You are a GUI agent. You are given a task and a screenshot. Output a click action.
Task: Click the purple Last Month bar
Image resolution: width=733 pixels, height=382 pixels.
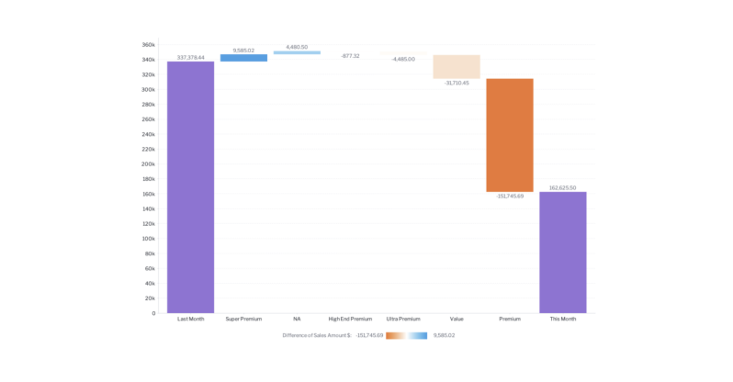(x=190, y=187)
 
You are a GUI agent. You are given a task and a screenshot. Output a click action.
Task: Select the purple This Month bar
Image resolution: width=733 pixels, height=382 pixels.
(x=562, y=253)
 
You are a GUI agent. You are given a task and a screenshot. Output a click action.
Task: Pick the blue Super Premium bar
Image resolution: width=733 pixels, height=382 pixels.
(x=243, y=58)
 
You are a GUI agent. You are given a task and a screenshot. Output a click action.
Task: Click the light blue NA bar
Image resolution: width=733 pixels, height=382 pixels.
(x=297, y=52)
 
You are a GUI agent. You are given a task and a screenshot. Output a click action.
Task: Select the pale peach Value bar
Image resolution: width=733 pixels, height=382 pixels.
(x=457, y=67)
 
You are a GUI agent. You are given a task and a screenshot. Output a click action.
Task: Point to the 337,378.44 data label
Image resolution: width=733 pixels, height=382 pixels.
(x=190, y=57)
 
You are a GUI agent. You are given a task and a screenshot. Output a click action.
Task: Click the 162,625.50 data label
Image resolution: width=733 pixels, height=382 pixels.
(x=562, y=187)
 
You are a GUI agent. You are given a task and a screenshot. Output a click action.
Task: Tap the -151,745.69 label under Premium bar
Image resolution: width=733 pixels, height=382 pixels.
(x=510, y=197)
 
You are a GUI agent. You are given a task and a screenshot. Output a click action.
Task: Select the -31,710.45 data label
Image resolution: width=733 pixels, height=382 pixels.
(x=457, y=84)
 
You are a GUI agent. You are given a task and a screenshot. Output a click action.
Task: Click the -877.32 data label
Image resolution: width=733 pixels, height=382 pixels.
(x=350, y=56)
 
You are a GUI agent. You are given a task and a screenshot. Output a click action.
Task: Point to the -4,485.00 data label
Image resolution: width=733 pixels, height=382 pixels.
(x=403, y=59)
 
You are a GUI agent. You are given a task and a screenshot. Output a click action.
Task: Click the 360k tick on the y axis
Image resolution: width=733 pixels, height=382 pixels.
(x=148, y=44)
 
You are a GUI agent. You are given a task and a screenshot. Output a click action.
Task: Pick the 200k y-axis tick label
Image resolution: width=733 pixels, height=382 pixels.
(x=148, y=164)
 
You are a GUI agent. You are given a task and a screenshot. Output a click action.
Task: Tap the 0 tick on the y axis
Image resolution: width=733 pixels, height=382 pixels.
(x=152, y=313)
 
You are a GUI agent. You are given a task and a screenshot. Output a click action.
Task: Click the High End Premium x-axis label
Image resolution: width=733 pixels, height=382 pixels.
(x=350, y=319)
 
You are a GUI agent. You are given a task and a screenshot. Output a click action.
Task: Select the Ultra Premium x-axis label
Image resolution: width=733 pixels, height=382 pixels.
(x=403, y=319)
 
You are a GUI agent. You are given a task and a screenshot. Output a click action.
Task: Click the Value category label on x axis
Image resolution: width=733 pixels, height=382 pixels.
(x=457, y=319)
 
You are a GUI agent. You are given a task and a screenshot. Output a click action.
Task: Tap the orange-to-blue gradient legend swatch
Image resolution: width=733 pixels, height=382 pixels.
(x=406, y=336)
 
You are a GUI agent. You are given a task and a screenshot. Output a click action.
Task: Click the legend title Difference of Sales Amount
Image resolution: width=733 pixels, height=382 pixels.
(x=317, y=336)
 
